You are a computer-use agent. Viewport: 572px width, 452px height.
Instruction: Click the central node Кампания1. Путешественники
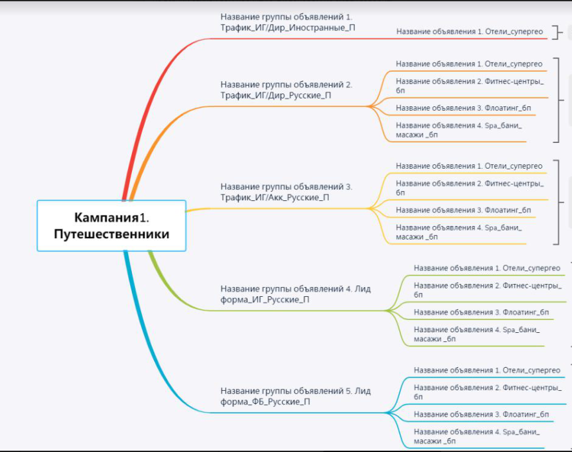[x=111, y=225]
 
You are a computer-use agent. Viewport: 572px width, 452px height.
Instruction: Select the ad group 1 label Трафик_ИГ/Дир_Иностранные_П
[x=288, y=23]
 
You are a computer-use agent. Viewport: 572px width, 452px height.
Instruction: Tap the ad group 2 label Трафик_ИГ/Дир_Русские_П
[x=286, y=89]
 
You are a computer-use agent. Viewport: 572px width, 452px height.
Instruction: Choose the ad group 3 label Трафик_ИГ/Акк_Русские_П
[x=286, y=192]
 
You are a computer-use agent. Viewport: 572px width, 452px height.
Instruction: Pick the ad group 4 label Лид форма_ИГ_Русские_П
[x=295, y=294]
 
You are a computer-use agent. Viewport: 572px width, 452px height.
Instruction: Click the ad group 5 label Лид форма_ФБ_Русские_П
[x=295, y=396]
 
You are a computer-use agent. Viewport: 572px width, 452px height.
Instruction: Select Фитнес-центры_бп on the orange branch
[x=470, y=86]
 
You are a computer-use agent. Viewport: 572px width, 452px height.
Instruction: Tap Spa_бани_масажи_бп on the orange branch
[x=459, y=130]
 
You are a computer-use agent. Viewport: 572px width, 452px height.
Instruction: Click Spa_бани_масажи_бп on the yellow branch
[x=459, y=232]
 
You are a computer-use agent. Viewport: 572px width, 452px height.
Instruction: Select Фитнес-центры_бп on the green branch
[x=488, y=290]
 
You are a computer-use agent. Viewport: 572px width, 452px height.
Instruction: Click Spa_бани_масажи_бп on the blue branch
[x=477, y=437]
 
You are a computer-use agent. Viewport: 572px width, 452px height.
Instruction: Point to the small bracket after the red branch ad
[x=557, y=32]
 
